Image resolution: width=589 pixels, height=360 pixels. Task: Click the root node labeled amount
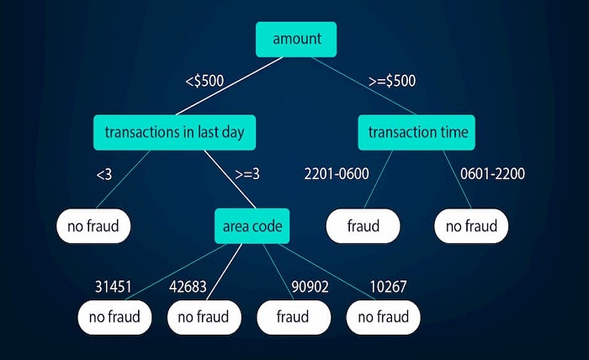tap(295, 39)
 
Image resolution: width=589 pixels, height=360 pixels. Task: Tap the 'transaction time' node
tap(417, 132)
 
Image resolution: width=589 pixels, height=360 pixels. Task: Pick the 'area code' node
tap(252, 225)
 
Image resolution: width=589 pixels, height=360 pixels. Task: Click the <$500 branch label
tap(205, 82)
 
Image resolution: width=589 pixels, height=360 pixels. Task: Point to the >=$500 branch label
tap(392, 82)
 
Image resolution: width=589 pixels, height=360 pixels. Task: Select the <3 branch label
tap(104, 175)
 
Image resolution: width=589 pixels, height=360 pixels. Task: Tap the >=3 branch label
tap(247, 175)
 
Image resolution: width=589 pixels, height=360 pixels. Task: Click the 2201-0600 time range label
tap(337, 175)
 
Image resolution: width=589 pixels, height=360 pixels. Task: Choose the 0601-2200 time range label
tap(492, 175)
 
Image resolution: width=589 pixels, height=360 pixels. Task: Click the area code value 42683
tap(187, 287)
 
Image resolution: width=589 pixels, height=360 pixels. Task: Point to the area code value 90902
tap(309, 287)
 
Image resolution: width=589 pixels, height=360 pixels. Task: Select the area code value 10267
tap(387, 287)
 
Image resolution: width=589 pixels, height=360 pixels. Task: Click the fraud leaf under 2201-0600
tap(363, 225)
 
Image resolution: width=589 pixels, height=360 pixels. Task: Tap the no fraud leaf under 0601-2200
tap(472, 225)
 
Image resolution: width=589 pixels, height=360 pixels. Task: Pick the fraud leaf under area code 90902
tap(293, 317)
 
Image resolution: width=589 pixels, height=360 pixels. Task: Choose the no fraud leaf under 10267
tap(383, 317)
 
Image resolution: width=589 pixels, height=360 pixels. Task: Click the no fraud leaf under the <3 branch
tap(93, 225)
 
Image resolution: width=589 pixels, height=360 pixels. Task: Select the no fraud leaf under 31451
tap(115, 317)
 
